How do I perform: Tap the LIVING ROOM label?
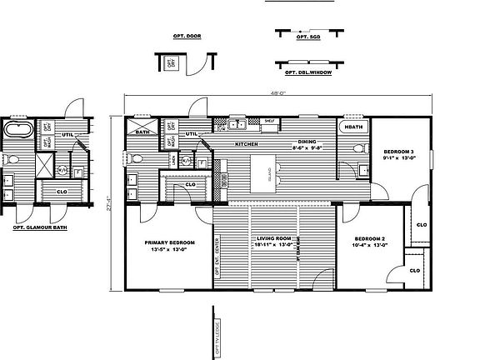273,242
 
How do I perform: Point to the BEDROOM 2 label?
367,240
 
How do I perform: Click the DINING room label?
307,142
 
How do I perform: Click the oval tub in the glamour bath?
17,130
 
